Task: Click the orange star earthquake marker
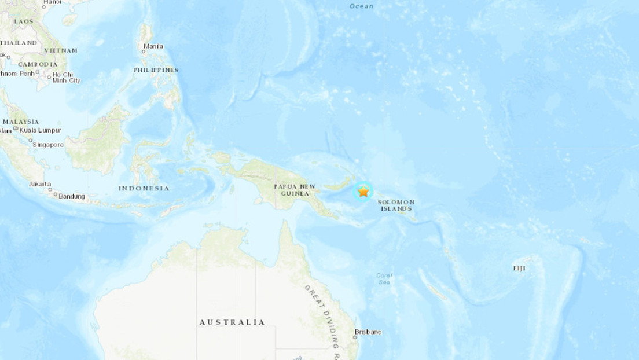point(363,192)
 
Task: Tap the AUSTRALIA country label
point(232,322)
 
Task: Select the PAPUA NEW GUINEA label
point(295,189)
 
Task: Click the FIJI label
point(520,269)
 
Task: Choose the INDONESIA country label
point(144,188)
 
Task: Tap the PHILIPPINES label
point(156,70)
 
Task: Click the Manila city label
point(153,46)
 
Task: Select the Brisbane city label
point(369,332)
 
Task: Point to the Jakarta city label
point(40,184)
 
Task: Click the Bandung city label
point(72,197)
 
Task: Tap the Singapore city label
point(48,145)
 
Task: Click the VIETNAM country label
point(61,50)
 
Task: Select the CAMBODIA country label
point(38,64)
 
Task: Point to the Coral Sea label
point(384,279)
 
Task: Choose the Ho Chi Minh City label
point(66,77)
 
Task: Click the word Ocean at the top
point(362,6)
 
